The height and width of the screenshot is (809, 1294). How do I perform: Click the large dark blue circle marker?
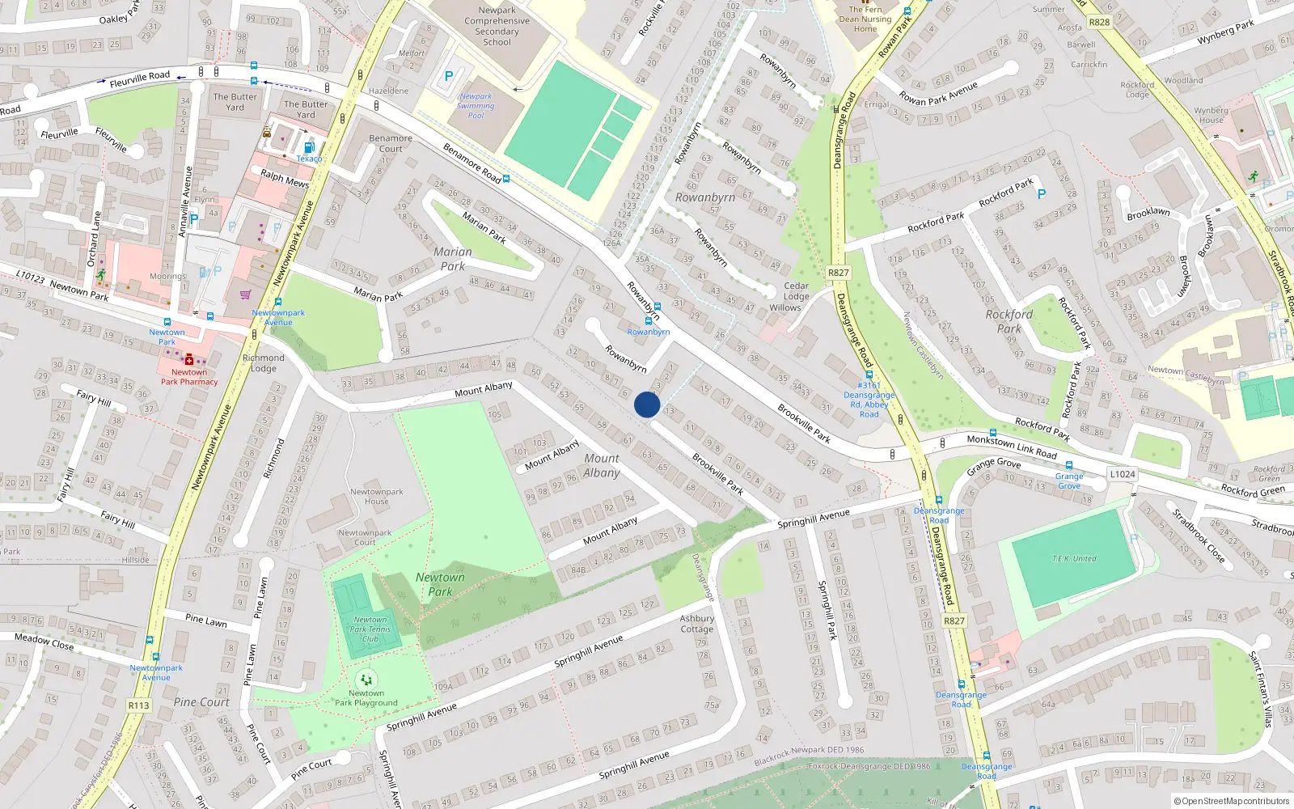point(647,404)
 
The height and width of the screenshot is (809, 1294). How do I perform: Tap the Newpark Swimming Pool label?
point(476,106)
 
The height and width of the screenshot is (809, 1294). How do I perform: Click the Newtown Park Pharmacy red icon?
point(189,360)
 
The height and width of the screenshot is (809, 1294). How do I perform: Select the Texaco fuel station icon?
point(309,147)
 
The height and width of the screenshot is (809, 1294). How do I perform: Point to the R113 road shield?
point(139,705)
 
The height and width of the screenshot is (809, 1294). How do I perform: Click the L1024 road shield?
point(1122,474)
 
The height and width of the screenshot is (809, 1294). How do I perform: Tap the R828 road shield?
point(1099,22)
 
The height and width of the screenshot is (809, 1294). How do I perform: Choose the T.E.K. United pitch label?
point(1074,559)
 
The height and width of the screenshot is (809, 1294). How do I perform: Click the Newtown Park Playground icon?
point(366,680)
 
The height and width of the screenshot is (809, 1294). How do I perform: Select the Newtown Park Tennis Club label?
point(370,629)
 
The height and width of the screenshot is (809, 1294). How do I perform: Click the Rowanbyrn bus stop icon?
point(648,321)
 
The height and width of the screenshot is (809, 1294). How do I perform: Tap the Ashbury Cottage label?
point(696,624)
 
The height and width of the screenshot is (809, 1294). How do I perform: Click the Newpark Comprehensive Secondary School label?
point(497,27)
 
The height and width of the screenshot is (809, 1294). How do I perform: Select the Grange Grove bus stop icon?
point(1069,465)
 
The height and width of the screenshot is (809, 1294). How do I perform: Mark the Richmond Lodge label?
point(264,363)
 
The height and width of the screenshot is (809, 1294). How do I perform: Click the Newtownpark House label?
point(376,497)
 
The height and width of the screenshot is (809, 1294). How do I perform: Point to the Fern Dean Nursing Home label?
point(865,19)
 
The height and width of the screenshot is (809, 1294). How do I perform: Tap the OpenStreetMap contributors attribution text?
point(1232,802)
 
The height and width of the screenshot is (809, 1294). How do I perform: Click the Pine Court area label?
point(201,702)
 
